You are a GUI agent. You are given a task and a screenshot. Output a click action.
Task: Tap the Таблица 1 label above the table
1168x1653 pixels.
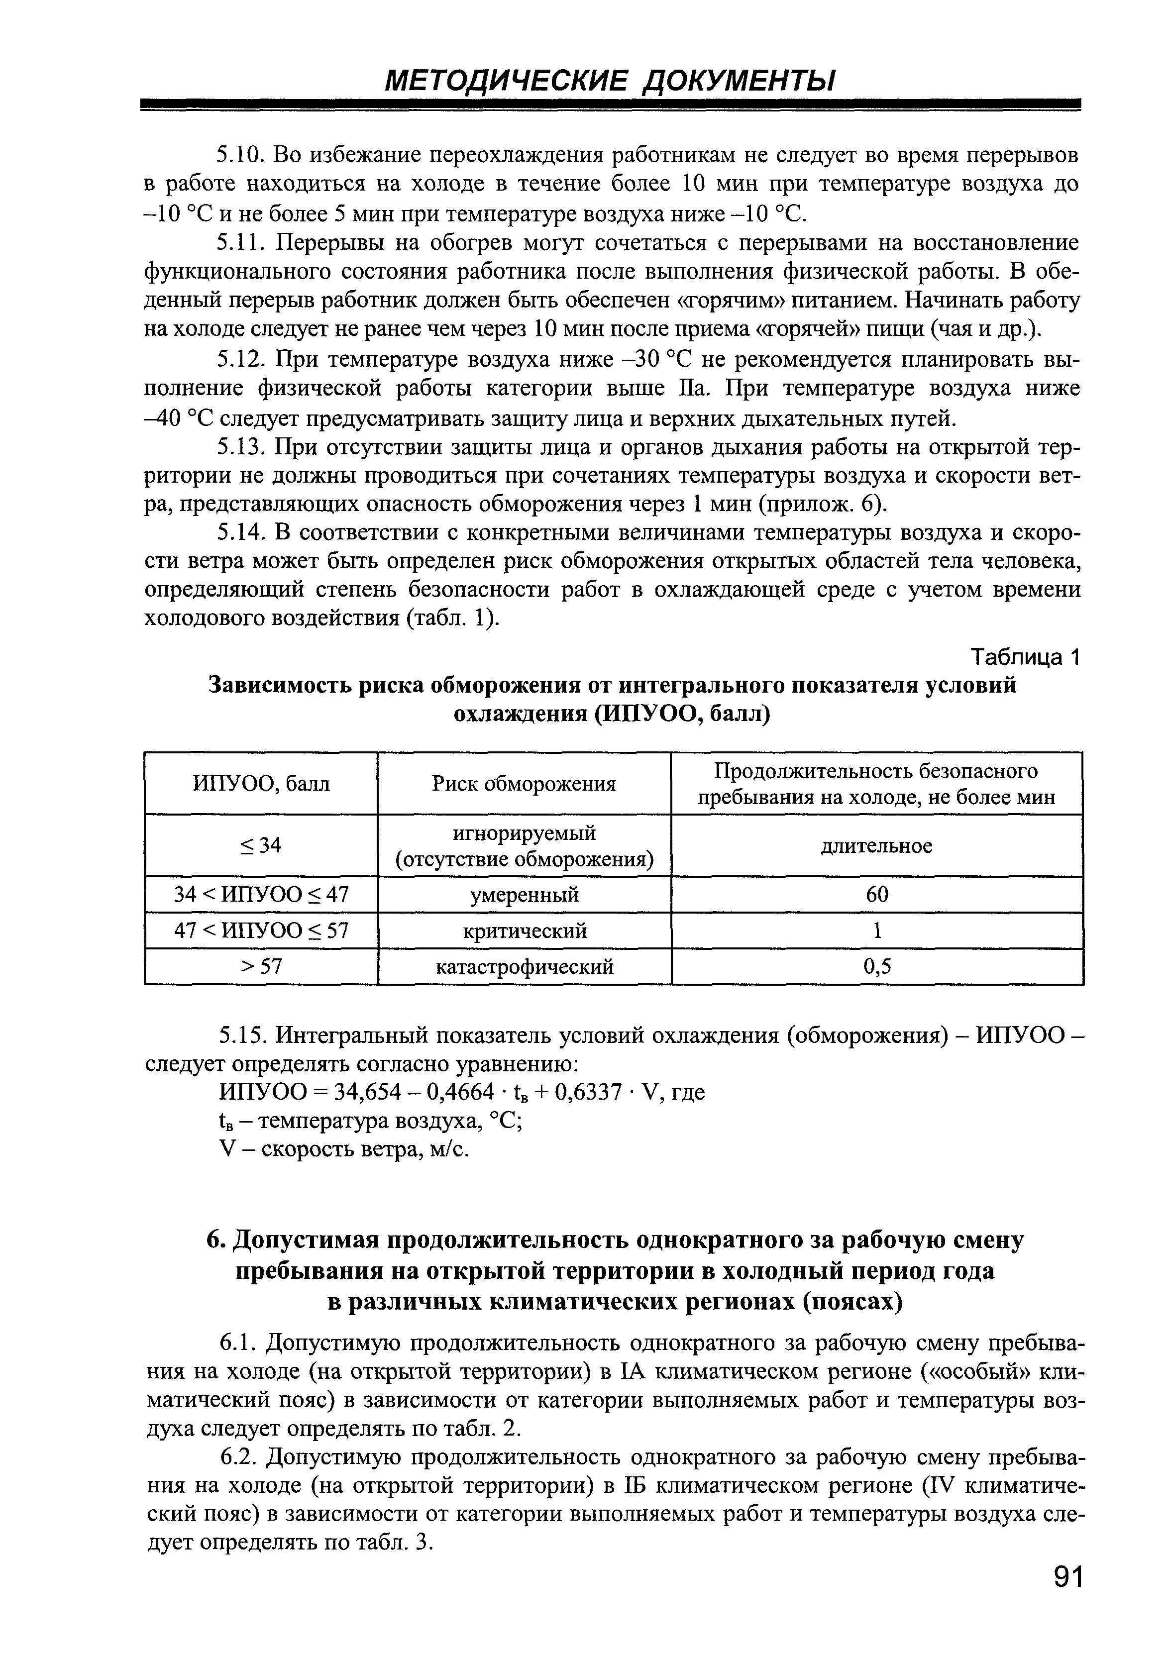coord(1027,657)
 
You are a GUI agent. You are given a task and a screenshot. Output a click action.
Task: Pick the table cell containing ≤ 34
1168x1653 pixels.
coord(261,845)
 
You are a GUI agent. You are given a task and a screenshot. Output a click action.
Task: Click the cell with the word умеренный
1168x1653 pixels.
coord(524,895)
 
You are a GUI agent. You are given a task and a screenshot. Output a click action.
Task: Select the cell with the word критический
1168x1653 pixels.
coord(524,931)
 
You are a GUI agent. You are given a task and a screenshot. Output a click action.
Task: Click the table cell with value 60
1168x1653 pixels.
coord(877,895)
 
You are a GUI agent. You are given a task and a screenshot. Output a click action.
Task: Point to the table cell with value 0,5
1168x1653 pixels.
coord(877,966)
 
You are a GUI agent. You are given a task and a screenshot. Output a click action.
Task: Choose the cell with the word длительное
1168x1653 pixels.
coord(877,846)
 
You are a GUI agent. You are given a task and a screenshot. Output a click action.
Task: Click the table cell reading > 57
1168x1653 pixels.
coord(261,966)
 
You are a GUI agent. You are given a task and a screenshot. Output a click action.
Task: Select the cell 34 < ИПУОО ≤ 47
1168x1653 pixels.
coord(261,895)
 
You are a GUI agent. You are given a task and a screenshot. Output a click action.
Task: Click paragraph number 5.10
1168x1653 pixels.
coord(242,156)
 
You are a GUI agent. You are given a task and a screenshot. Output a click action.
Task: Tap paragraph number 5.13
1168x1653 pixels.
coord(242,448)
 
